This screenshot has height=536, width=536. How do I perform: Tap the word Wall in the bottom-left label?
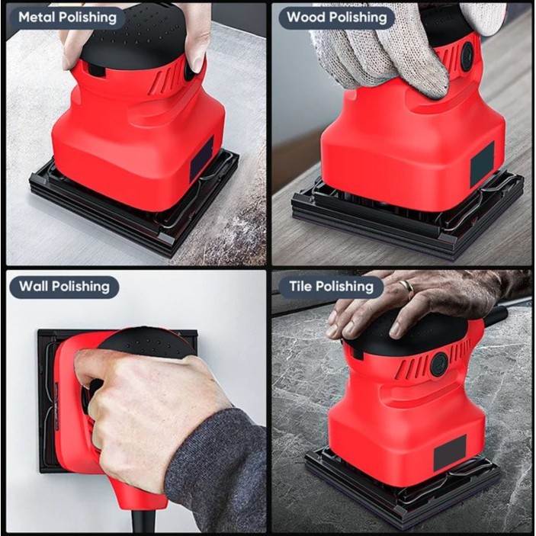tap(35, 287)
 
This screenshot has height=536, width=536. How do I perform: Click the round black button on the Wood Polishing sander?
tap(467, 56)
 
